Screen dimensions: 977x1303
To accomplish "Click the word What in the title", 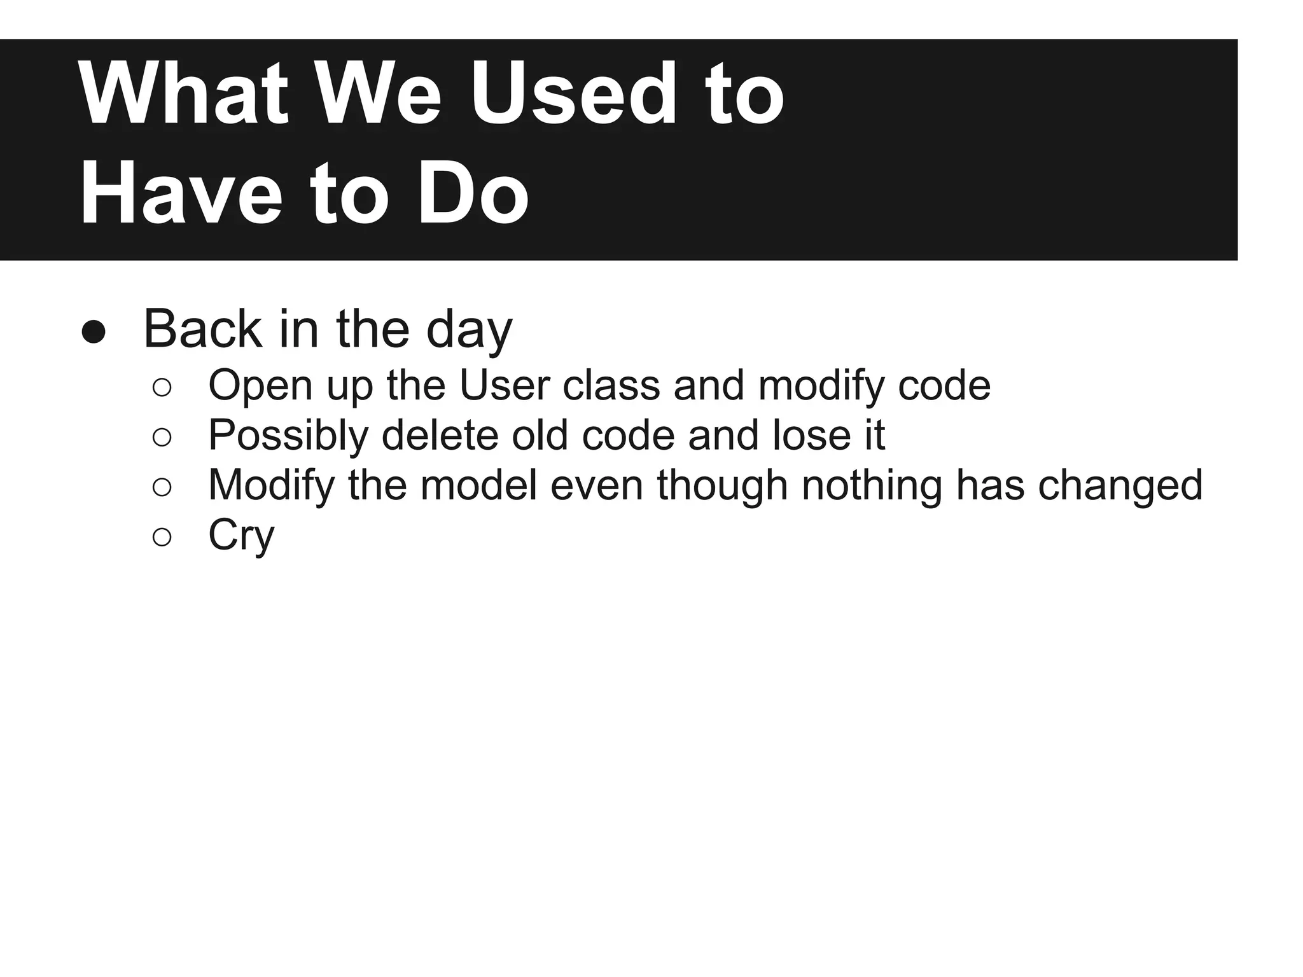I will tap(184, 95).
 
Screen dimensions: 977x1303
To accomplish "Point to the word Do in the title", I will tap(473, 193).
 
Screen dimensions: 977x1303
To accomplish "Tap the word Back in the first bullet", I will tap(202, 329).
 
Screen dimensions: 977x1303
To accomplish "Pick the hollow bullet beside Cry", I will tap(162, 537).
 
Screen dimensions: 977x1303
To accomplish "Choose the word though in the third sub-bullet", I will tap(723, 486).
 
